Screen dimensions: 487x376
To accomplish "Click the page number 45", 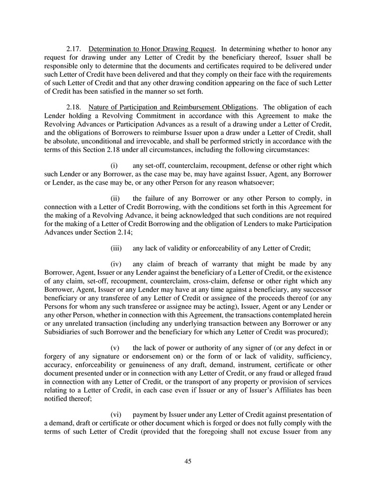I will (188, 461).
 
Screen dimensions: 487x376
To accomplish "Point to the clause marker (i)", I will (114, 165).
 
